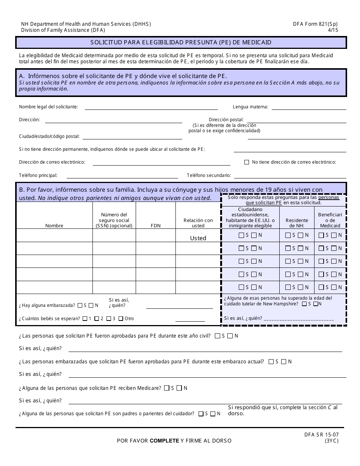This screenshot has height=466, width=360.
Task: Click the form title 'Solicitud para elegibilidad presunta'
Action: (181, 42)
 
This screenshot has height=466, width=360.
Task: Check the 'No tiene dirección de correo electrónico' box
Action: (247, 162)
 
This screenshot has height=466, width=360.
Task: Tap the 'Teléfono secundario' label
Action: (208, 175)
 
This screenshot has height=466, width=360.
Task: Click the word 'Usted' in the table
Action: (198, 238)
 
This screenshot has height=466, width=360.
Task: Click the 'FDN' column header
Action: (155, 225)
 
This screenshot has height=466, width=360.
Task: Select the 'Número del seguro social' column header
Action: (114, 220)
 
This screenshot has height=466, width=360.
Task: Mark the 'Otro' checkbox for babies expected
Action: (121, 319)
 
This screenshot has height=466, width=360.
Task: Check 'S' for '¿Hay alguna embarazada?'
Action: (79, 305)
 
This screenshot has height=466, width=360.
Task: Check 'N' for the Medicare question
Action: (179, 388)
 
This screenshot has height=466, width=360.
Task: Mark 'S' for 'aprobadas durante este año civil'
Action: (217, 336)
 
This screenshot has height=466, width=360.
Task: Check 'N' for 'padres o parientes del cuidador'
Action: (213, 414)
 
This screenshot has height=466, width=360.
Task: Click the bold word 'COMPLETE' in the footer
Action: (164, 441)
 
